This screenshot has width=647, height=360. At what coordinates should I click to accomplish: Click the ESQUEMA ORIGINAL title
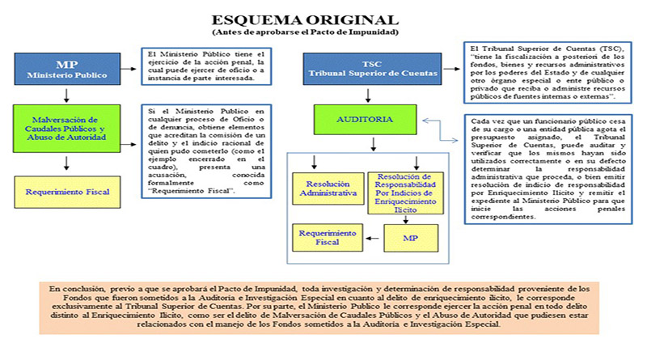305,19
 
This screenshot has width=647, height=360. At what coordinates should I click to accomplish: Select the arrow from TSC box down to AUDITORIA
369,95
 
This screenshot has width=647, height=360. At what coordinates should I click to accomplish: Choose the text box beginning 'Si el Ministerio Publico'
206,150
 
